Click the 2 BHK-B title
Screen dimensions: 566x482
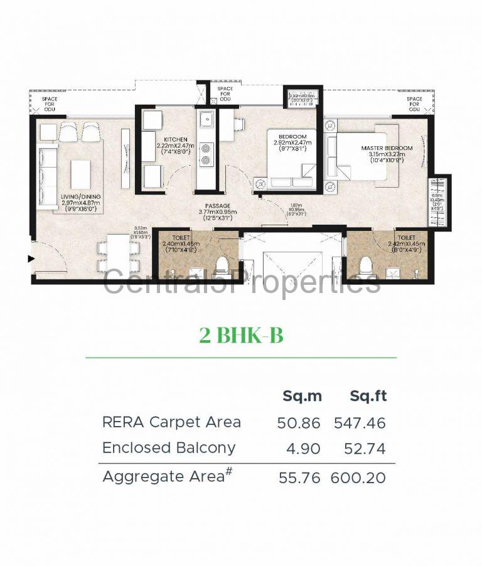[241, 336]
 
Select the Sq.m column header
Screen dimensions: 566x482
[302, 396]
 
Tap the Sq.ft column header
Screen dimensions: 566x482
[368, 396]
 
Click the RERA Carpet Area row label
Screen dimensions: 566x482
[171, 422]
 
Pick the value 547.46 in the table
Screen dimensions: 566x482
[360, 423]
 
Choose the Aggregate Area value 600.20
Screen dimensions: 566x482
[360, 478]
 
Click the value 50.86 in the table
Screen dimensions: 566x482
[299, 423]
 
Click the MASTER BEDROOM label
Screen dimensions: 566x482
[387, 148]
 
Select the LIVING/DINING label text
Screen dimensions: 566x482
[80, 196]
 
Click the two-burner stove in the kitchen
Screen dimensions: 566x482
[206, 154]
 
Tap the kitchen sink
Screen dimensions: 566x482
[206, 119]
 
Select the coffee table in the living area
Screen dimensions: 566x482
[80, 174]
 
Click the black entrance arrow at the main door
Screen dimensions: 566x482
[30, 259]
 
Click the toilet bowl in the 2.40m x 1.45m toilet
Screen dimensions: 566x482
[222, 266]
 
